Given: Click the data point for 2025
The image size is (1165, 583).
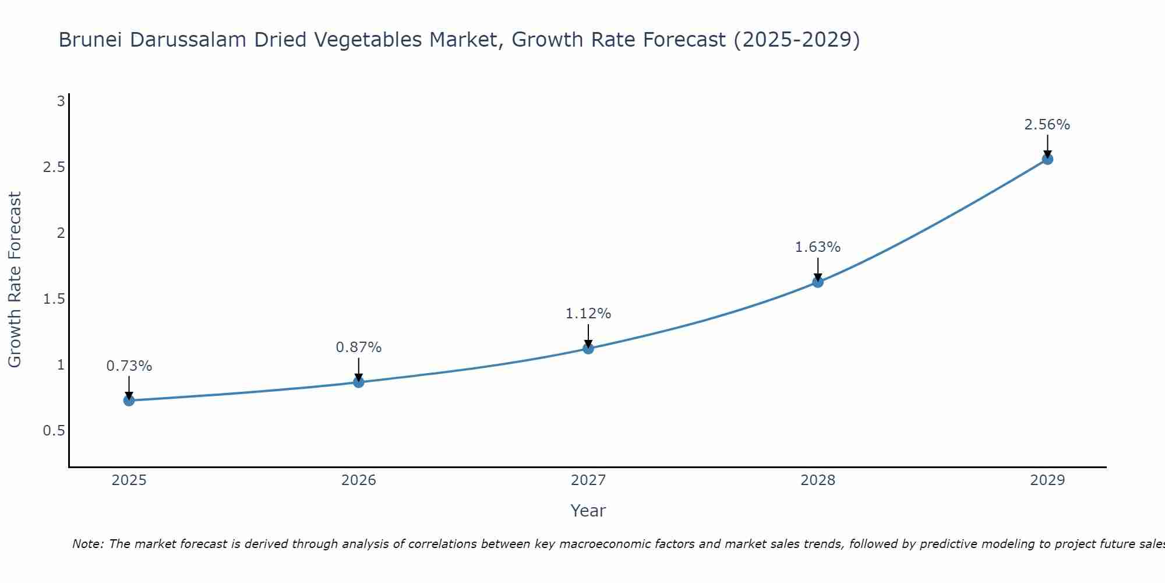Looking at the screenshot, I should tap(129, 400).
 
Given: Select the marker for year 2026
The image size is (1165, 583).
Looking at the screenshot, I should tap(359, 382).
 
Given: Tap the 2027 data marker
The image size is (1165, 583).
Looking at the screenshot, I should tap(588, 349).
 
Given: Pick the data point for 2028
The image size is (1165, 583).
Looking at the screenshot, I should tap(818, 282).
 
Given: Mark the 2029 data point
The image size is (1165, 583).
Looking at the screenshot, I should tap(1047, 159).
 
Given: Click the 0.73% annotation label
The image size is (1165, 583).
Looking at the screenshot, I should tap(129, 366).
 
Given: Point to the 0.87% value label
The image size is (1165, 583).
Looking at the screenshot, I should tap(359, 347).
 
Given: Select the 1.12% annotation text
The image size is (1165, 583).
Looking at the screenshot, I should tap(588, 314).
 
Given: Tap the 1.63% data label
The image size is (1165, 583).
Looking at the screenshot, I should tap(818, 247).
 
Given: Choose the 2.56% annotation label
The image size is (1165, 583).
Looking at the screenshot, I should tap(1047, 125).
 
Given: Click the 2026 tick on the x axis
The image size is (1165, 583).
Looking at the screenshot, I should tap(359, 480).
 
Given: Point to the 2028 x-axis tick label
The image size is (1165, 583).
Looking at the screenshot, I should tap(818, 480).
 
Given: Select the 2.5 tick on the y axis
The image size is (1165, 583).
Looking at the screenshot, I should tap(54, 167).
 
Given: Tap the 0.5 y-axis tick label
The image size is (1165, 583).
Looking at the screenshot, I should tap(54, 431).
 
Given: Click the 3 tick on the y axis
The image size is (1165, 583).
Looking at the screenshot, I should tap(61, 101).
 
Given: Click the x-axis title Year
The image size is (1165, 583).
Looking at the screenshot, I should tap(588, 511).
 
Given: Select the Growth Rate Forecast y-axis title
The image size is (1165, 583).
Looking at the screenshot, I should tap(15, 280).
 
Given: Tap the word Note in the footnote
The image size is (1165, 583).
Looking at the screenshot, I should tap(87, 544).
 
